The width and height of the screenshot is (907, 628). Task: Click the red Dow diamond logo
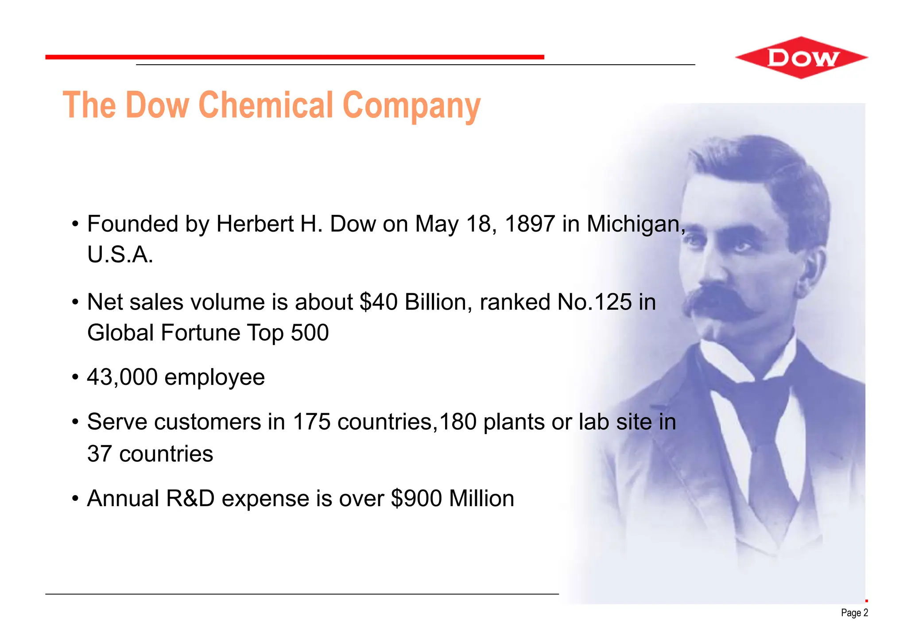pyautogui.click(x=802, y=58)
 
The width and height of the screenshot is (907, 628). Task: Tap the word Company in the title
pyautogui.click(x=411, y=106)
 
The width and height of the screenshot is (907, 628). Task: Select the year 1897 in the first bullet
pyautogui.click(x=530, y=224)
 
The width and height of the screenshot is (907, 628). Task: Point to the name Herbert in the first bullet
pyautogui.click(x=255, y=224)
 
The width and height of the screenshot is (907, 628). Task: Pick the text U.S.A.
pyautogui.click(x=120, y=255)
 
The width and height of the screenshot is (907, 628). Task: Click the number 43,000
pyautogui.click(x=122, y=377)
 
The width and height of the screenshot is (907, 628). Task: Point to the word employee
pyautogui.click(x=214, y=378)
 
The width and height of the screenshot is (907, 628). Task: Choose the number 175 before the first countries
pyautogui.click(x=311, y=422)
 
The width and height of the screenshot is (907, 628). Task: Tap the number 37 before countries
pyautogui.click(x=99, y=454)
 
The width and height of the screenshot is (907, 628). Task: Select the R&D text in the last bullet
pyautogui.click(x=190, y=498)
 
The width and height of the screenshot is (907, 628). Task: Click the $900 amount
pyautogui.click(x=416, y=498)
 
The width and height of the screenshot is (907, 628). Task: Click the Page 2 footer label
pyautogui.click(x=854, y=613)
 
